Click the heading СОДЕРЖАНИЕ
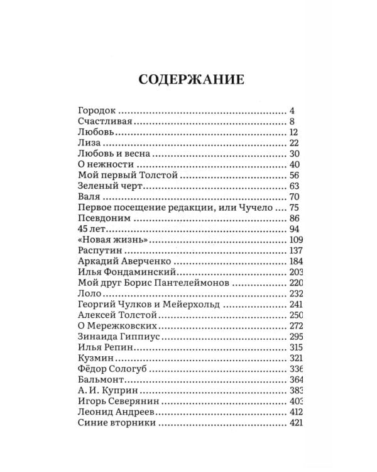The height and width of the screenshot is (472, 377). tap(190, 80)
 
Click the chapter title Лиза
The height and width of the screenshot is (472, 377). tap(89, 143)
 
